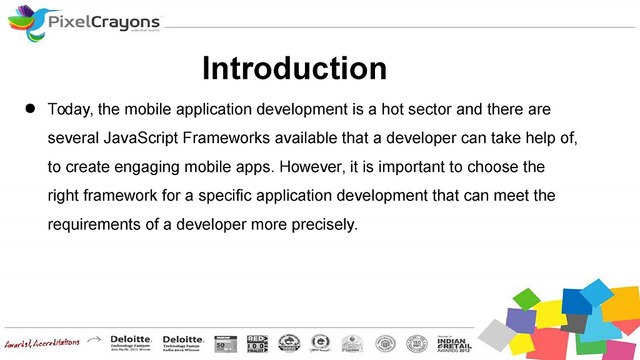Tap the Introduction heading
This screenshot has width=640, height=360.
tap(294, 68)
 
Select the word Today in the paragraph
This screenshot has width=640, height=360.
tap(70, 106)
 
